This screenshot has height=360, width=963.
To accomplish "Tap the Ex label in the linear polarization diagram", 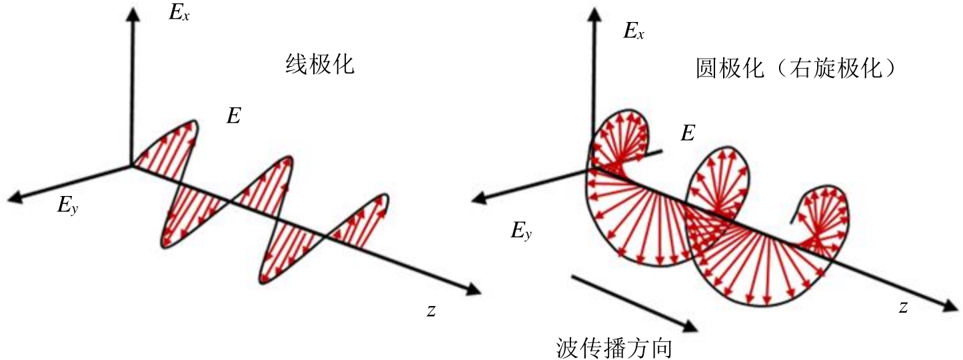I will (x=179, y=13).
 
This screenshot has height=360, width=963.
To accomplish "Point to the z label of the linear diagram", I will (x=431, y=309).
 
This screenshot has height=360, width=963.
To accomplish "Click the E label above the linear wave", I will (x=233, y=116).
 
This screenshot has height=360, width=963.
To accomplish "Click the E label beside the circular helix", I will (x=688, y=133).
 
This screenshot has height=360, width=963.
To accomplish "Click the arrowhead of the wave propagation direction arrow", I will (x=693, y=326).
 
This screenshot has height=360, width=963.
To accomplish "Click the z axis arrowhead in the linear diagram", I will (x=472, y=289).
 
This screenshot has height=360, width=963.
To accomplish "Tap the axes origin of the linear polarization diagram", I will (x=133, y=165).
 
